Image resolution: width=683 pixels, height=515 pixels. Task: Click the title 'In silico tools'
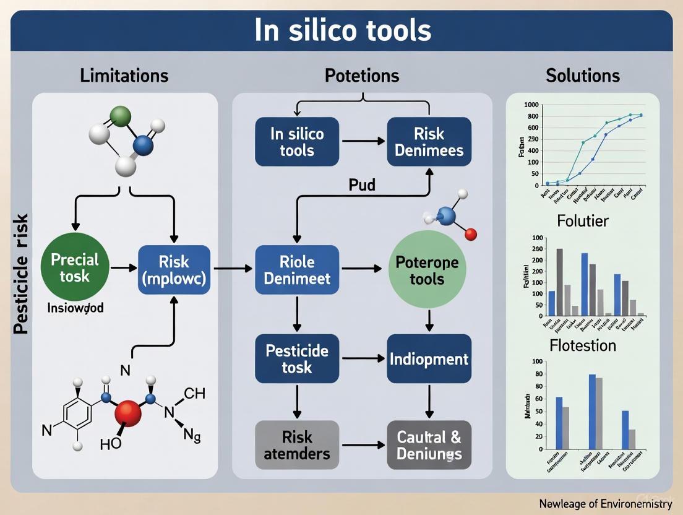[x=342, y=31]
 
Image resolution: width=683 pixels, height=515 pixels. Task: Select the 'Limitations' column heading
[x=124, y=76]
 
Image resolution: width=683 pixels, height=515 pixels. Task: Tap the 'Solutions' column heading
[x=582, y=76]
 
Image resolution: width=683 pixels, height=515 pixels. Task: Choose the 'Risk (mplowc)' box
[x=174, y=269]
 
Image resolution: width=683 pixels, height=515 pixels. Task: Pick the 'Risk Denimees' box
[x=429, y=142]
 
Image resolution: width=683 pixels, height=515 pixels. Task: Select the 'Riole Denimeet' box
[x=297, y=269]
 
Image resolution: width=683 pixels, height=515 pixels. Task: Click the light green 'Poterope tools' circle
[x=426, y=270]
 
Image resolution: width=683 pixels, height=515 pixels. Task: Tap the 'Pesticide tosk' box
[x=297, y=359]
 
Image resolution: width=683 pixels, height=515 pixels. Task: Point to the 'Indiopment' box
[x=429, y=359]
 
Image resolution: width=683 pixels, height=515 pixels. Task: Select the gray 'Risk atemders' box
[x=297, y=444]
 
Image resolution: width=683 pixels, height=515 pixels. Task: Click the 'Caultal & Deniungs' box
[x=429, y=444]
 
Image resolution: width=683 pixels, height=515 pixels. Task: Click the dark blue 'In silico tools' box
[x=297, y=142]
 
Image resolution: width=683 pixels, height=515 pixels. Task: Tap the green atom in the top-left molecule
[x=121, y=116]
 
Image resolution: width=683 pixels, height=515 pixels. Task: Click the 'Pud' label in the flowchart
[x=362, y=185]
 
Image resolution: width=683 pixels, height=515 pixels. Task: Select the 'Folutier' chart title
[x=582, y=220]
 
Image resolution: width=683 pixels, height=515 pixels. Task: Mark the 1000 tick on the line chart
[x=531, y=104]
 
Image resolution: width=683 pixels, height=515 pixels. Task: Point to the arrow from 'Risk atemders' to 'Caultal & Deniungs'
[x=363, y=444]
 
